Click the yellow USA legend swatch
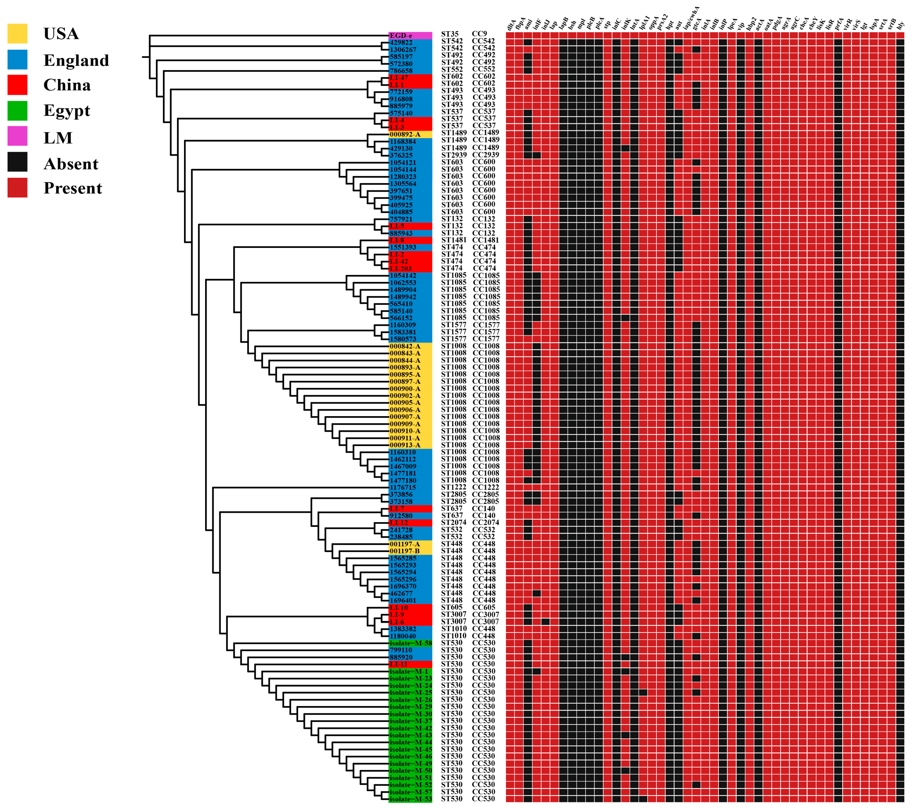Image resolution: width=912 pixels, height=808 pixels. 17,34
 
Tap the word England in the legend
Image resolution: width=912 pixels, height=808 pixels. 76,60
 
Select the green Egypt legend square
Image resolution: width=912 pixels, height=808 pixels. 17,111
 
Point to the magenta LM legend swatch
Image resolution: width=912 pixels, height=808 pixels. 17,136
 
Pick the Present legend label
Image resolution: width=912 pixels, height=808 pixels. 73,188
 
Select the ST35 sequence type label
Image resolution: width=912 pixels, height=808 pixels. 450,34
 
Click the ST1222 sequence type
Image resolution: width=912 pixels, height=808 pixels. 453,487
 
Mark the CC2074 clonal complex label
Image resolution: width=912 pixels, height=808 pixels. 485,522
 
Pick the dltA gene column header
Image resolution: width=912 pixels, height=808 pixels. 511,24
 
